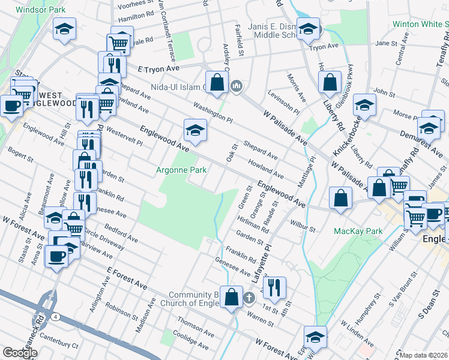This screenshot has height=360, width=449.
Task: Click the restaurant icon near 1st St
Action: coord(274,287)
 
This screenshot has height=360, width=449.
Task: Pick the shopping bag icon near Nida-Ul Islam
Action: coord(216,82)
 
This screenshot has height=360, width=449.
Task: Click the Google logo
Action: coord(20,353)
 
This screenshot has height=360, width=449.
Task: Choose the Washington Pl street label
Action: coord(212,112)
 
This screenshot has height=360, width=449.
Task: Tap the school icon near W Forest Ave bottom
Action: coord(315,337)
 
